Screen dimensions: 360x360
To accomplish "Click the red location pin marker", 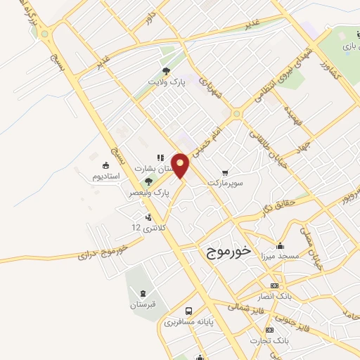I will tap(181, 165).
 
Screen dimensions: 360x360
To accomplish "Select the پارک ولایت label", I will tap(167, 82).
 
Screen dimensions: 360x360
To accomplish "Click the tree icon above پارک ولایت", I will tap(167, 71).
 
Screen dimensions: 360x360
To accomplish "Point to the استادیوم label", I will tap(107, 176).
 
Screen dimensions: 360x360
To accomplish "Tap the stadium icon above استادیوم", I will tap(106, 165).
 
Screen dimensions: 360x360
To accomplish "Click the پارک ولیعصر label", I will tap(150, 192).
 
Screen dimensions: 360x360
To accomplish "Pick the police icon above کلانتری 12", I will tap(148, 217).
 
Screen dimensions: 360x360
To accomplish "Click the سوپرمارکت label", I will tap(224, 183).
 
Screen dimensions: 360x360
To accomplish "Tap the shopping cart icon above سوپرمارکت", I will tap(225, 172).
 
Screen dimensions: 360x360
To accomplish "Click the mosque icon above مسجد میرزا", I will tap(281, 245).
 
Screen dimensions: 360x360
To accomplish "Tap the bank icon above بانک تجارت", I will tap(269, 330).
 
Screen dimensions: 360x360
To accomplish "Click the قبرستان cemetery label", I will tap(143, 304).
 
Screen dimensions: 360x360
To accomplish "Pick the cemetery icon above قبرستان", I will tap(143, 293).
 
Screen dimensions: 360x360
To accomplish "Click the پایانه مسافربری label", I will tap(188, 323).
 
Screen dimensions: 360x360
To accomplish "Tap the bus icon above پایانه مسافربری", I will tap(188, 311).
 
